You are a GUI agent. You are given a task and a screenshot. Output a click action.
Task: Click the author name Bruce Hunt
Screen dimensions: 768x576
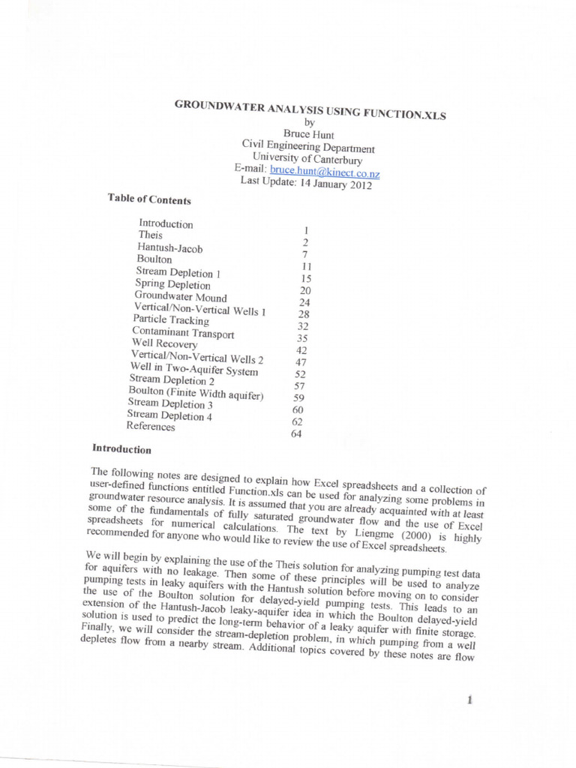pos(308,135)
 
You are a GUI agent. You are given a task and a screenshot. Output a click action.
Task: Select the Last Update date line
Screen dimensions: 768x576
pos(306,184)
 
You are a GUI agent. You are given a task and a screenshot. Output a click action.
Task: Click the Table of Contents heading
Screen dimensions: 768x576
pos(149,199)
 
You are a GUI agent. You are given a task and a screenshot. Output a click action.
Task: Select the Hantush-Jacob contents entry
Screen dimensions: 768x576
pos(169,247)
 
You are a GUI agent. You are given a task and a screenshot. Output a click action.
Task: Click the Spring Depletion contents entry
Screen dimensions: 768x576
pos(172,285)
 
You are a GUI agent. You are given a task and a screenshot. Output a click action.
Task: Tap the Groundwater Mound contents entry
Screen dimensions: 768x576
pos(180,297)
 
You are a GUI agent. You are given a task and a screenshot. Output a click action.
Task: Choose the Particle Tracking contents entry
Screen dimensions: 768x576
pos(171,320)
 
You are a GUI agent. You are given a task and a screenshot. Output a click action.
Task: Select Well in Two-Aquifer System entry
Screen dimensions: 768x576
pos(194,369)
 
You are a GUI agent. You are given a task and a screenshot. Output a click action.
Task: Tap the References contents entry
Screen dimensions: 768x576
pos(151,427)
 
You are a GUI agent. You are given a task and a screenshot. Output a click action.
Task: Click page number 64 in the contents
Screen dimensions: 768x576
pos(295,433)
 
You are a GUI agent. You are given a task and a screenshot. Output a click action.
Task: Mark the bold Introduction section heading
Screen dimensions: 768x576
pos(121,449)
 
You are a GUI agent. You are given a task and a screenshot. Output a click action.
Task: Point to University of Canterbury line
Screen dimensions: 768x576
pos(307,160)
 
